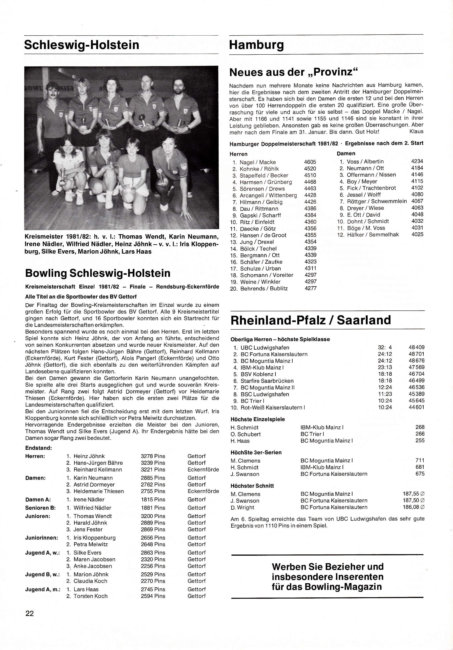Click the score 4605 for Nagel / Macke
[x=310, y=162]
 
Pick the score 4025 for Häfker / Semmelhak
[x=417, y=234]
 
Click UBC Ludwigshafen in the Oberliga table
[x=265, y=348]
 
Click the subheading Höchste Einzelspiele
[x=258, y=419]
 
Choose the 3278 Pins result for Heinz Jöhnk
[x=153, y=456]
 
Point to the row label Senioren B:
[x=40, y=508]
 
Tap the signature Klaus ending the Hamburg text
[x=416, y=132]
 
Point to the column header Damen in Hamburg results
[x=346, y=154]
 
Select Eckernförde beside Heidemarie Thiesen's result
[x=203, y=491]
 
